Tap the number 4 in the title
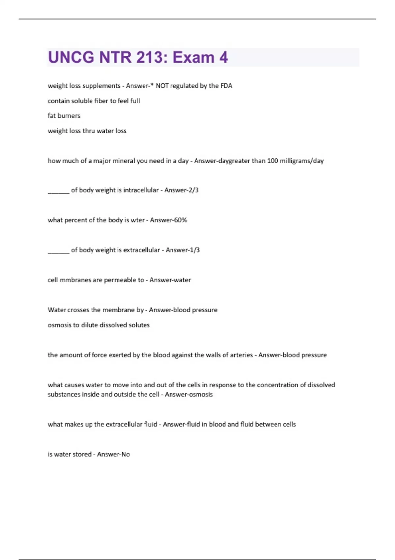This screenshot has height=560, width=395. click(224, 57)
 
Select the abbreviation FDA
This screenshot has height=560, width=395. click(226, 86)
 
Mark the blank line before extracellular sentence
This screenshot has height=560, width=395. click(59, 252)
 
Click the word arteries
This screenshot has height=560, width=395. click(242, 355)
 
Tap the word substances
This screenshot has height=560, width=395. click(64, 394)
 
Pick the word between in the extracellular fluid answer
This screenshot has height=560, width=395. click(269, 424)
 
